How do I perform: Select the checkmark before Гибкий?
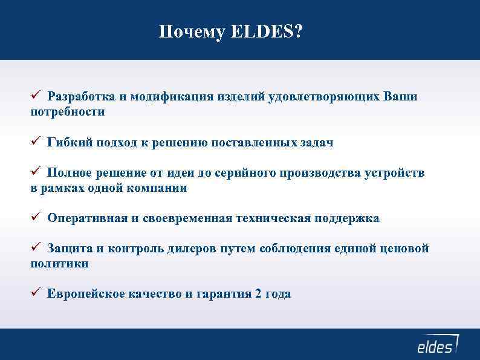click(x=36, y=142)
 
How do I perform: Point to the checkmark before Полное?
click(x=36, y=172)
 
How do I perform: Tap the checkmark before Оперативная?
click(x=36, y=217)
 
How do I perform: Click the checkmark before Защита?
click(x=36, y=247)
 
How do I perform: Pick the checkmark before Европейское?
click(x=36, y=293)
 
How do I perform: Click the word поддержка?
click(x=346, y=218)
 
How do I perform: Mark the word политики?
click(x=60, y=264)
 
